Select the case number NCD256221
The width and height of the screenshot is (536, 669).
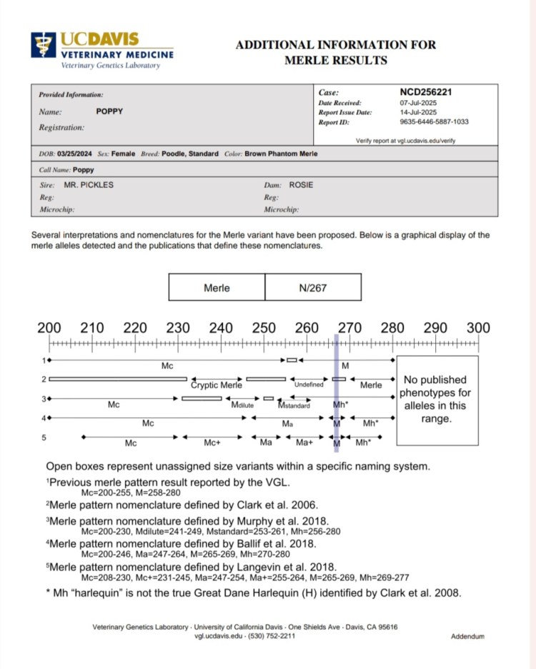426,92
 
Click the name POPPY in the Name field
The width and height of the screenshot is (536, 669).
110,112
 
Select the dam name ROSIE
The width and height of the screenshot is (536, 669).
301,185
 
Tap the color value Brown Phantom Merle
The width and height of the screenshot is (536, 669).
282,154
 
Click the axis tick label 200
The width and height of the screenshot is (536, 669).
49,328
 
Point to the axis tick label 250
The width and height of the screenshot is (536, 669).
264,328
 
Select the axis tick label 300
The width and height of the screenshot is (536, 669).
478,328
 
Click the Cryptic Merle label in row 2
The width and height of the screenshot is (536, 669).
217,385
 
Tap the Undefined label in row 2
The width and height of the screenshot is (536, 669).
309,385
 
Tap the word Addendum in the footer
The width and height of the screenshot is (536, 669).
468,636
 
